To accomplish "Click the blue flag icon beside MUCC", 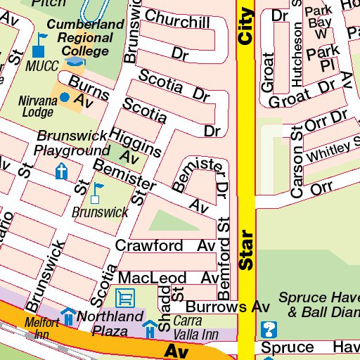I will pyautogui.click(x=39, y=50).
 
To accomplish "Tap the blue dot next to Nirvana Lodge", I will pyautogui.click(x=65, y=97).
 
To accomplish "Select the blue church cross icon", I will pyautogui.click(x=62, y=171).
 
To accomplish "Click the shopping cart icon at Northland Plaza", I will pyautogui.click(x=125, y=297).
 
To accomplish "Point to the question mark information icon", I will pyautogui.click(x=269, y=328).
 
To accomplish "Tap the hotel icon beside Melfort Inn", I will pyautogui.click(x=68, y=316).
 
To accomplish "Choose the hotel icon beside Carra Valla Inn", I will pyautogui.click(x=150, y=328).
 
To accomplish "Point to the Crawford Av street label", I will pyautogui.click(x=165, y=246).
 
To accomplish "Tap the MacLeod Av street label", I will pyautogui.click(x=169, y=278).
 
